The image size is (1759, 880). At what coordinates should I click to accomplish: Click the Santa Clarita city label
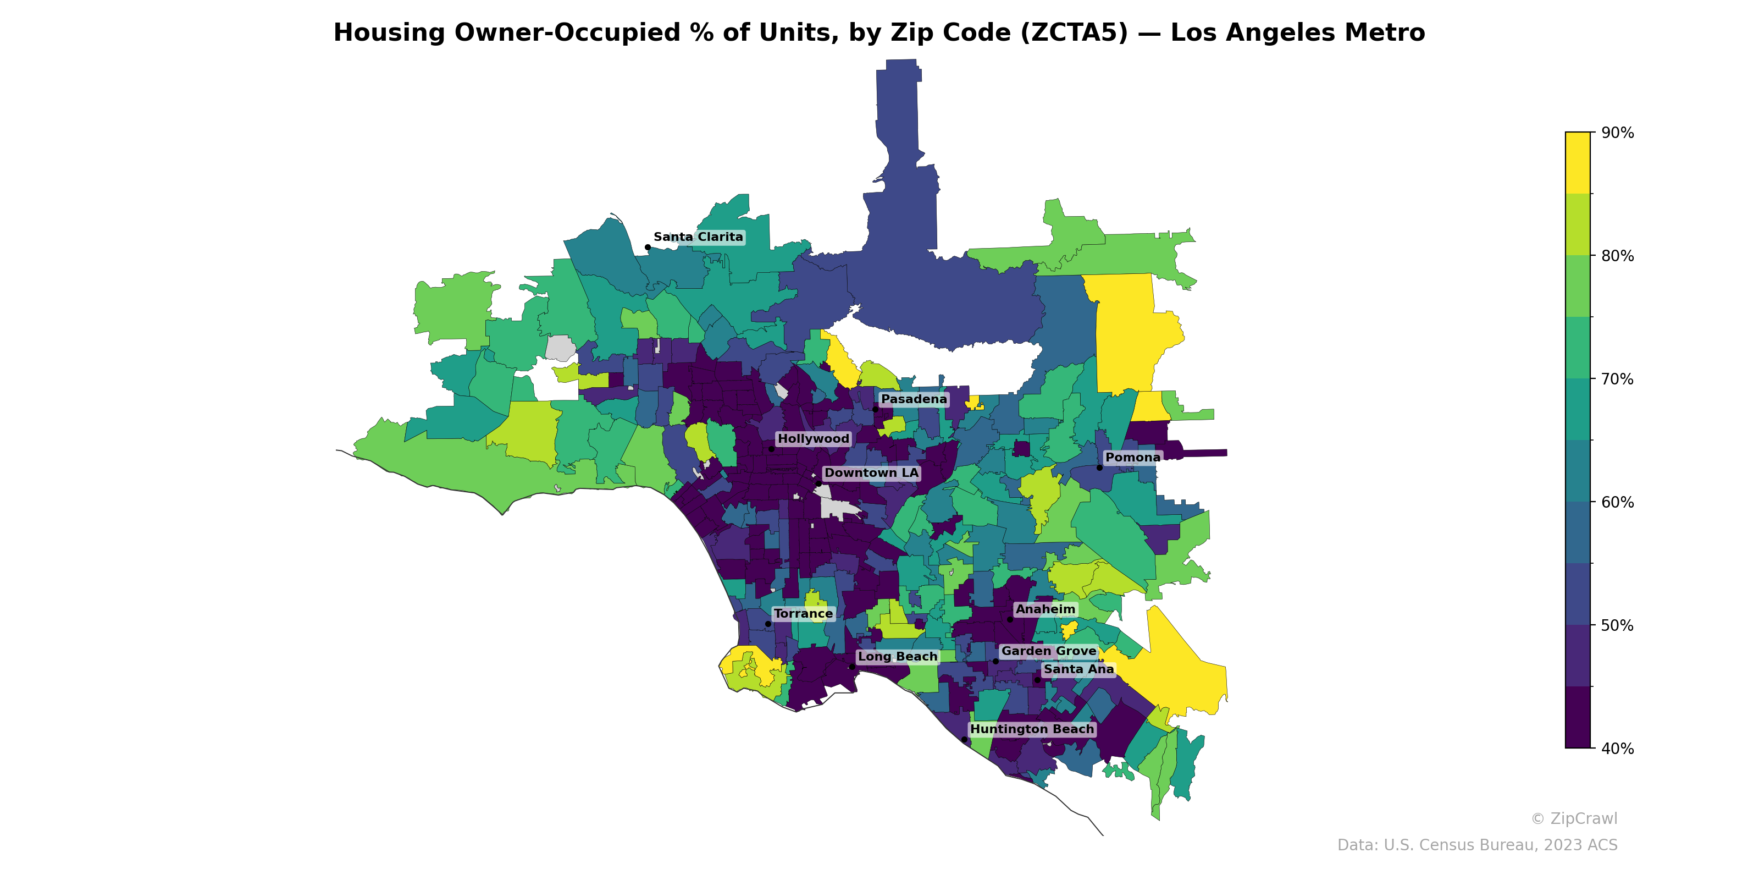[x=698, y=237]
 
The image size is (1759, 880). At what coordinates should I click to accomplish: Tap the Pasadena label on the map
[x=914, y=399]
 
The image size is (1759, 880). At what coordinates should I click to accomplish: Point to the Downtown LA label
[x=871, y=473]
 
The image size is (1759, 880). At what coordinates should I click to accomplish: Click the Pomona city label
[x=1132, y=457]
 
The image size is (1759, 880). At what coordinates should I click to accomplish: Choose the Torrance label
[x=803, y=614]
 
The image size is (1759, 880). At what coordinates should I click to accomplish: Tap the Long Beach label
[x=897, y=657]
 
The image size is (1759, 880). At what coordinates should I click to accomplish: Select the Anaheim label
[x=1045, y=609]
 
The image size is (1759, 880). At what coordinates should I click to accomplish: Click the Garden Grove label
[x=1048, y=651]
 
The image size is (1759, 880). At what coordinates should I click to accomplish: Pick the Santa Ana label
[x=1078, y=669]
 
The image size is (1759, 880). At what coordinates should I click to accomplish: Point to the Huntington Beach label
[x=1032, y=729]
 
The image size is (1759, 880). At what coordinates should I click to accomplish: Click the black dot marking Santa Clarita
[x=648, y=248]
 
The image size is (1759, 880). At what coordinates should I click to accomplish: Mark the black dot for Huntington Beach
[x=964, y=739]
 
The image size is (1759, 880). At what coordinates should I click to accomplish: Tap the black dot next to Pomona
[x=1099, y=468]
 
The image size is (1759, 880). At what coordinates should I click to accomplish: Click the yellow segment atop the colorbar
[x=1578, y=163]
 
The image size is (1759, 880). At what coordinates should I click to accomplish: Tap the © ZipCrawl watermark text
[x=1573, y=818]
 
